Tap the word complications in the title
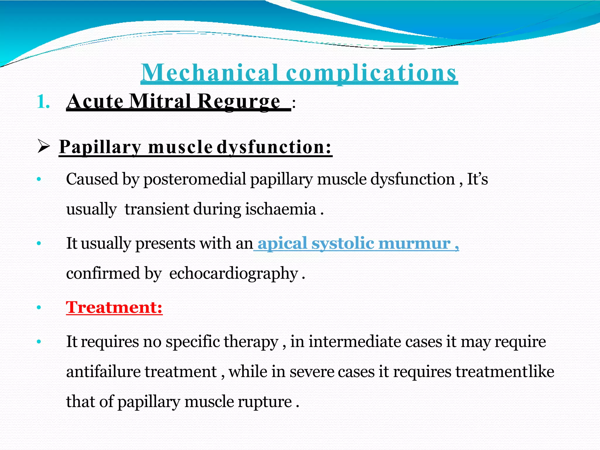click(371, 73)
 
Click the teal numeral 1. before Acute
click(43, 102)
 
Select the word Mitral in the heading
click(160, 101)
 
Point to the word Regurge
click(238, 102)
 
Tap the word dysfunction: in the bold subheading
click(274, 147)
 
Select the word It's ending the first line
click(477, 179)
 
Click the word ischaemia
click(280, 209)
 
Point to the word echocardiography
click(233, 273)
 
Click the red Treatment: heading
click(114, 307)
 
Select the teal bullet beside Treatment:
click(39, 308)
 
